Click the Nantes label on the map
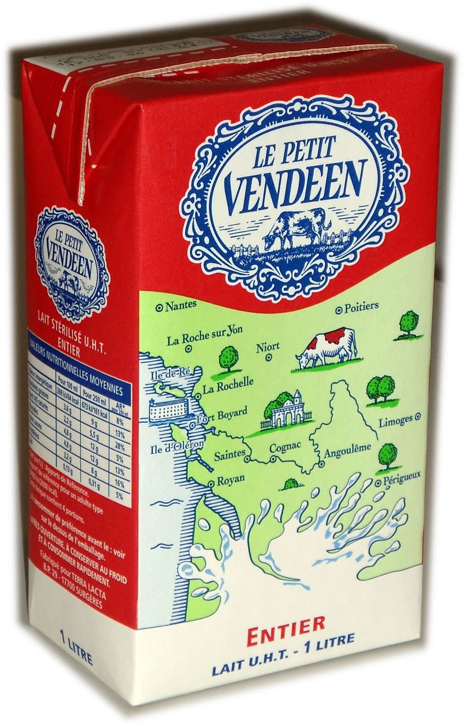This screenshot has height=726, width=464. (180, 305)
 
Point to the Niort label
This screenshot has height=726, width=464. (268, 347)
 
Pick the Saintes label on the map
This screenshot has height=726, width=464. (229, 455)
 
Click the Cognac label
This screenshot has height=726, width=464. (285, 447)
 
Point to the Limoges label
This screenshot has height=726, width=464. (395, 421)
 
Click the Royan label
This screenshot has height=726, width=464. (231, 479)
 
